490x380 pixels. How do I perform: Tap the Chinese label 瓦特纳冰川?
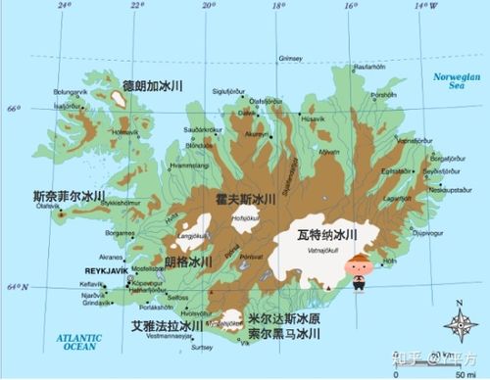coord(326,235)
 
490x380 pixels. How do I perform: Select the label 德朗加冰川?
coord(153,87)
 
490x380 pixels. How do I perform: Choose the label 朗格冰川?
coord(188,262)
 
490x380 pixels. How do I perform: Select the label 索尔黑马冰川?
coord(284,335)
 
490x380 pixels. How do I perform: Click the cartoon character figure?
coord(360,271)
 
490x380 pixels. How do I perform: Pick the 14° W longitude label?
coord(424,6)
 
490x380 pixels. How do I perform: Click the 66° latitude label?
coord(11,108)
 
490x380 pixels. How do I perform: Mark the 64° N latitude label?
coord(16,286)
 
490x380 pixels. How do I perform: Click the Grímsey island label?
coord(291,58)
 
